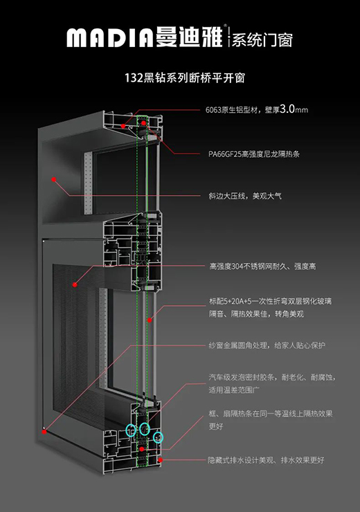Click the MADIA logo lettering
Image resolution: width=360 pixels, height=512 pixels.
(x=109, y=37)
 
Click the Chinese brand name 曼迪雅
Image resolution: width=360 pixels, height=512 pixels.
(x=189, y=36)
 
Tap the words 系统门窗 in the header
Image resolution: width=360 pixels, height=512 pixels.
(x=262, y=40)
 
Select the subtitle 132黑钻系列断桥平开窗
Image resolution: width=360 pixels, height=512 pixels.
(x=185, y=78)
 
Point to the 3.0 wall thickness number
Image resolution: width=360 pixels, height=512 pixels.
(x=287, y=109)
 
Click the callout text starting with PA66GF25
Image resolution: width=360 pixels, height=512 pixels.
(x=254, y=154)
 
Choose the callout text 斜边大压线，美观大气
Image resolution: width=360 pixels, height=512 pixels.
(x=245, y=196)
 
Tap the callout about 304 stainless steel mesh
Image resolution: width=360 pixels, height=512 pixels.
(x=262, y=266)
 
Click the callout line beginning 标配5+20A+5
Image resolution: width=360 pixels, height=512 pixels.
(x=270, y=301)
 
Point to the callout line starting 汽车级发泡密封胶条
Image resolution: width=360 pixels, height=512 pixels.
(x=272, y=378)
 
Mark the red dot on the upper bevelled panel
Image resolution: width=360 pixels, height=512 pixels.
(x=54, y=179)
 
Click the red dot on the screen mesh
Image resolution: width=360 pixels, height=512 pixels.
(x=75, y=285)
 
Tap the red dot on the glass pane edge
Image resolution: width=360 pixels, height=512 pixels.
(x=150, y=320)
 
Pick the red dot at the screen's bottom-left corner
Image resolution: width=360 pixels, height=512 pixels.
(x=44, y=432)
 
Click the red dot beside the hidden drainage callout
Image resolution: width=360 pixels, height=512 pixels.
(x=161, y=460)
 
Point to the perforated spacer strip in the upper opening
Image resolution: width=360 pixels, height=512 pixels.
(x=88, y=183)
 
